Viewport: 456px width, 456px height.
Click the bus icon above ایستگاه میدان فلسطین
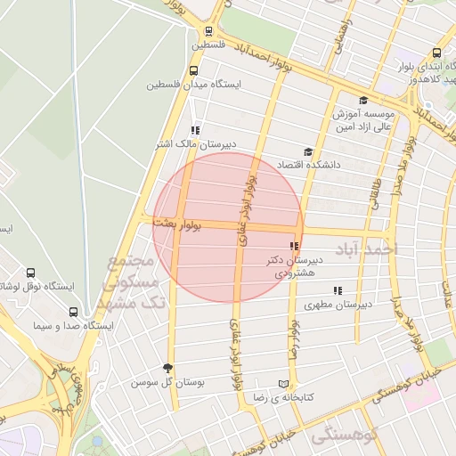tap(194, 70)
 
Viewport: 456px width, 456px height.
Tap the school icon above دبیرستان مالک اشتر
tap(195, 130)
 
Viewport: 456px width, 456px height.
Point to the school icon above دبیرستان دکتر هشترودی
tap(293, 246)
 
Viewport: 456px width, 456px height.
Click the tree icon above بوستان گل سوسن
tap(167, 368)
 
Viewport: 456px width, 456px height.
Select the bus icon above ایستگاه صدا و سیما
tap(73, 312)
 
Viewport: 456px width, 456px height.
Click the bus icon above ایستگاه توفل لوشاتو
tap(31, 273)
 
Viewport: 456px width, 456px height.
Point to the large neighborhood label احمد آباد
tap(363, 251)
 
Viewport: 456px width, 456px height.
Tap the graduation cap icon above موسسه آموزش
tap(363, 101)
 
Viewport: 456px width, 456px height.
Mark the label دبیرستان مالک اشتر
tap(196, 144)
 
